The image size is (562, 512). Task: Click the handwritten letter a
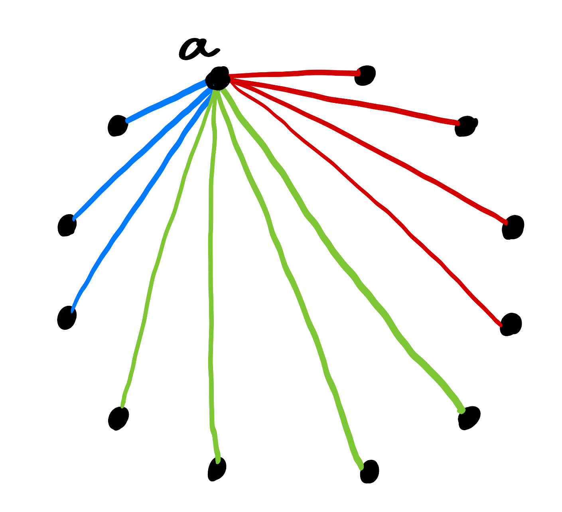coord(198,49)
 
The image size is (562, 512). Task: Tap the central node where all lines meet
coord(218,78)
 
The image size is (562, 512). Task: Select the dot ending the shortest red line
coord(365,75)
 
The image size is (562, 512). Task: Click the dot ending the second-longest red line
coord(513,227)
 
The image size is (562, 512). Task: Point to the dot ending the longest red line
coord(511,324)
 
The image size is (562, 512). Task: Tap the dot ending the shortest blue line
coord(118,126)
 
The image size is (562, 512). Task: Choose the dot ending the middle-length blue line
coord(67,225)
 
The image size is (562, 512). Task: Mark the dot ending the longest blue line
coord(67,317)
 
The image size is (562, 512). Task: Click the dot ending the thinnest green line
coord(118,418)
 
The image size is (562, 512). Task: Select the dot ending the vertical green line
coord(217,469)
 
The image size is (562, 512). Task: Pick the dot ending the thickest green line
coord(469,417)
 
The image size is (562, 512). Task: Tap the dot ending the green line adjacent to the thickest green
coord(369,471)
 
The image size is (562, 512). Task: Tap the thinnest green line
coord(160,255)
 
